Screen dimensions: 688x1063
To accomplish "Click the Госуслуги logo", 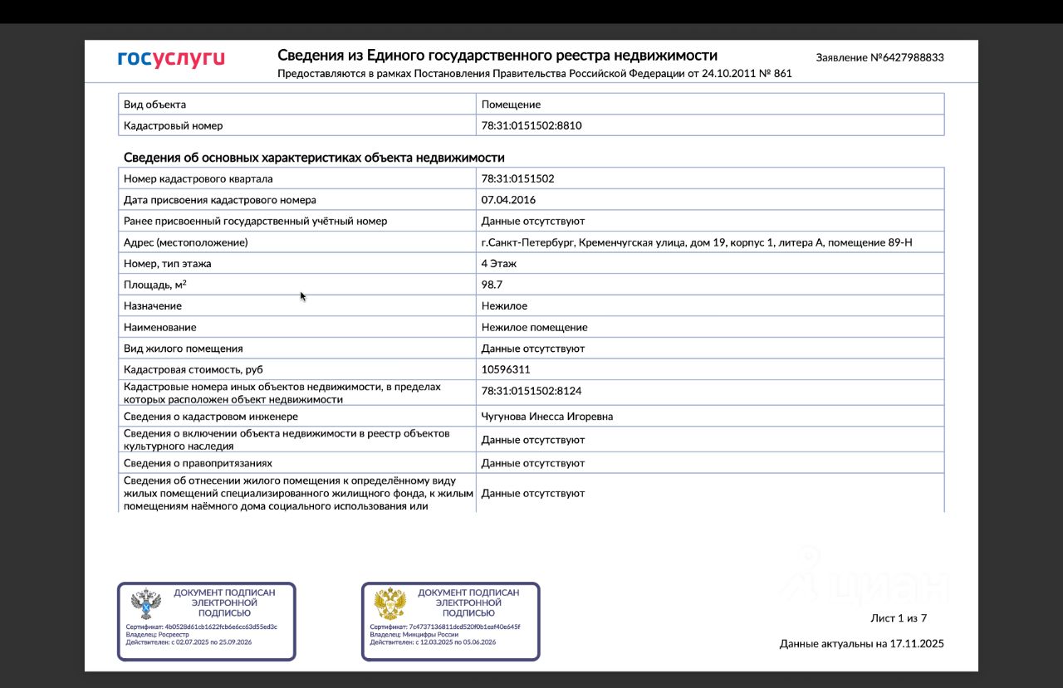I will [x=171, y=59].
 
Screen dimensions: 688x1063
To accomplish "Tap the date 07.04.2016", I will [x=508, y=200].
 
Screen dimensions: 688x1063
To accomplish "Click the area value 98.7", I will [x=492, y=285].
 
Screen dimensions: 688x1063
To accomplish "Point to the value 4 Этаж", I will [x=499, y=264].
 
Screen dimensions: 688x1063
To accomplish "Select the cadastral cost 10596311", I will [x=505, y=369].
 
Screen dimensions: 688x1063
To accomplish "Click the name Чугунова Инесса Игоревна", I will [x=546, y=417].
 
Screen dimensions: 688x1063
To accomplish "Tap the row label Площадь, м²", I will [x=155, y=285].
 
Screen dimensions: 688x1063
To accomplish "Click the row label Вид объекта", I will [x=154, y=105].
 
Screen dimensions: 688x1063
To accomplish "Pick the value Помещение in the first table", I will [x=511, y=105].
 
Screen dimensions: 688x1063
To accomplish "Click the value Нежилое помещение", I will [x=534, y=327].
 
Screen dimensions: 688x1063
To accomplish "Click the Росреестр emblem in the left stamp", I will [x=146, y=605].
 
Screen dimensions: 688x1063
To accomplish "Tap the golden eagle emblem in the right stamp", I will [x=389, y=605].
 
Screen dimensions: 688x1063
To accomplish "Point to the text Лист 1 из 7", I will [x=898, y=618].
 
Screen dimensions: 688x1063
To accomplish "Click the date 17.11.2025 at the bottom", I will [x=917, y=644].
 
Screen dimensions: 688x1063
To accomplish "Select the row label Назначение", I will [x=153, y=306].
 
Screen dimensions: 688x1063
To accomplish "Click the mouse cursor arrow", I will [x=303, y=295].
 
